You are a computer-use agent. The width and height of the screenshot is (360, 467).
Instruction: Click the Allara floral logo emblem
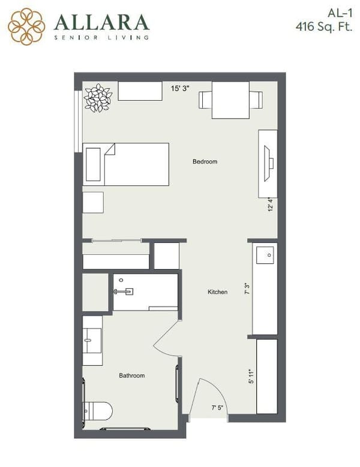26,26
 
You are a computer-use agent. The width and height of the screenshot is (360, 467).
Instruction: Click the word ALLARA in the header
101,23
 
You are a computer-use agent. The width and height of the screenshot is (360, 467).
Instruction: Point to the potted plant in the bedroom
98,98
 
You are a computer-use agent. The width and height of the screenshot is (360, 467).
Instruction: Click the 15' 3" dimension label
180,88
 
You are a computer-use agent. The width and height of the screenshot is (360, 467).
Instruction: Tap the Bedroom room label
205,162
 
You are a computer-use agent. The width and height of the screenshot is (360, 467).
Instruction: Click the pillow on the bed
94,164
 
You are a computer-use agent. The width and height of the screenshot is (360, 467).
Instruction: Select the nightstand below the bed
93,202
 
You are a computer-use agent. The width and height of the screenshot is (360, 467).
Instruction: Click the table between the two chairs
230,100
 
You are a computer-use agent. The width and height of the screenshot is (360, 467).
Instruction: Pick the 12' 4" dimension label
271,205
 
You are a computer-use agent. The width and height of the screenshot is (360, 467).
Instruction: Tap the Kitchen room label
217,292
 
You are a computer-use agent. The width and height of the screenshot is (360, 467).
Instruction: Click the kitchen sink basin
265,254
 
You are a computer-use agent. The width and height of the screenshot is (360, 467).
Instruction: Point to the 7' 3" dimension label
246,290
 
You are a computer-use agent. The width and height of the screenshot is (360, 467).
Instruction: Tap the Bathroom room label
131,376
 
